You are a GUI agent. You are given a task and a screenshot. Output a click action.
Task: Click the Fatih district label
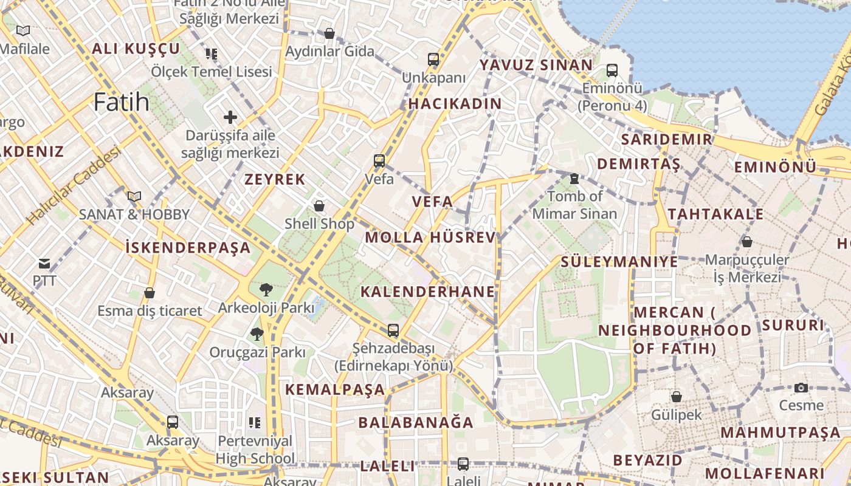tap(122, 101)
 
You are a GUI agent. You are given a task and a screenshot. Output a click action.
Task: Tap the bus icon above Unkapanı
tap(433, 60)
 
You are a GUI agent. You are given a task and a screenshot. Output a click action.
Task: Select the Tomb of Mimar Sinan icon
tap(574, 179)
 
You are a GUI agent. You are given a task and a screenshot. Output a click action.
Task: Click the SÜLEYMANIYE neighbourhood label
tap(619, 262)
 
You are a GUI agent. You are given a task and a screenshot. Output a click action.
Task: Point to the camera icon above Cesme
tap(801, 388)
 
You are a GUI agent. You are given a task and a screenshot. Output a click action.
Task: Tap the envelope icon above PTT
tap(44, 264)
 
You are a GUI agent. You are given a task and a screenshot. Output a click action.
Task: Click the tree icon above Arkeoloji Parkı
tap(265, 290)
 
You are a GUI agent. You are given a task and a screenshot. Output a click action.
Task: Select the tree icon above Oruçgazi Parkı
tap(257, 334)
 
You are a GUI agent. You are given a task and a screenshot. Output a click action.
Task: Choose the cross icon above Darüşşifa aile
tap(230, 117)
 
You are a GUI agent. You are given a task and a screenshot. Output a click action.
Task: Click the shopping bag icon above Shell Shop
tap(319, 206)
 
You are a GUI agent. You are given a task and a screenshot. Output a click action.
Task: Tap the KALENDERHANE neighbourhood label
tap(428, 292)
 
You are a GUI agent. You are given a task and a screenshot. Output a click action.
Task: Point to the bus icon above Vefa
tap(379, 161)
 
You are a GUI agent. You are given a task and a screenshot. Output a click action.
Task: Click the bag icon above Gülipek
tap(676, 397)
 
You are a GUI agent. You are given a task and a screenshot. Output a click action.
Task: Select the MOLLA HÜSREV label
tap(430, 238)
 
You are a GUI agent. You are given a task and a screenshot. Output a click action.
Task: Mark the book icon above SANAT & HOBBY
tap(134, 196)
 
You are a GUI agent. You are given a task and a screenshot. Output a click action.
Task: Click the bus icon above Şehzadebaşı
tap(393, 330)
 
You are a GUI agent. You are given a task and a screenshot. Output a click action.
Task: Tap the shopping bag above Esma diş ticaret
tap(150, 293)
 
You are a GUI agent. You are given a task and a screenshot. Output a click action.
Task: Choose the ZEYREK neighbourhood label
tap(275, 179)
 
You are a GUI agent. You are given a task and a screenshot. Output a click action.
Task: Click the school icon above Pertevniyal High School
tap(255, 422)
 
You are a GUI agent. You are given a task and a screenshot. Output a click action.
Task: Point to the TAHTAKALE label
tap(715, 214)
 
